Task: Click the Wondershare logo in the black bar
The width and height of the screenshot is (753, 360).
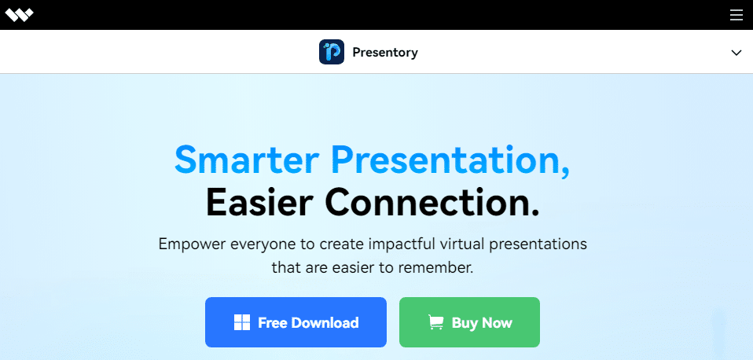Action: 19,15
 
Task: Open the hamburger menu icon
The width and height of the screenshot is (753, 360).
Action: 736,15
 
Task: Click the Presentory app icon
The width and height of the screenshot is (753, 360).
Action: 332,53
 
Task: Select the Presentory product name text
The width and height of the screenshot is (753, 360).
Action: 385,53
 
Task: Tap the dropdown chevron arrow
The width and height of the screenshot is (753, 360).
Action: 736,53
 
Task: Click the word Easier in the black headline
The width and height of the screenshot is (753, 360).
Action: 260,202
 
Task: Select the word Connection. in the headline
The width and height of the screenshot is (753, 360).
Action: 432,202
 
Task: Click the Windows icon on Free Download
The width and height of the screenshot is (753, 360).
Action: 242,322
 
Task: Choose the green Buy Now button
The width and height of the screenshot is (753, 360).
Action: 469,322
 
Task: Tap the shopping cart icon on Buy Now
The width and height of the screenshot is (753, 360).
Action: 435,322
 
